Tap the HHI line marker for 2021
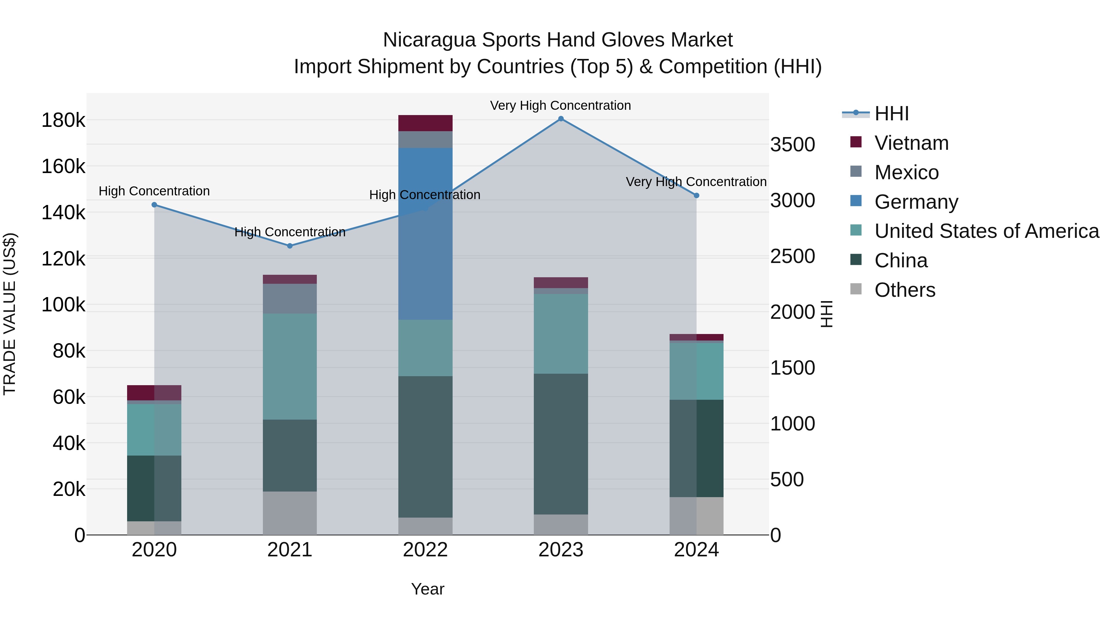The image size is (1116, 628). click(x=290, y=246)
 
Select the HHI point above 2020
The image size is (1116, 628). click(x=154, y=205)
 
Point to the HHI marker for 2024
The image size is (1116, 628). click(x=696, y=195)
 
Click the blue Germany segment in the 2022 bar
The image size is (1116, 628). click(x=425, y=234)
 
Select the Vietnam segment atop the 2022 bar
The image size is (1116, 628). click(x=425, y=123)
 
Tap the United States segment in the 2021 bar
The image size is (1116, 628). click(x=290, y=366)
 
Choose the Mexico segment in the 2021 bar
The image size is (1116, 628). click(x=290, y=299)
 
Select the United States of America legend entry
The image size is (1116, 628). click(x=986, y=231)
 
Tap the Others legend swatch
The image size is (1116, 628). click(x=856, y=289)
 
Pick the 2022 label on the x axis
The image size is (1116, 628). click(x=425, y=550)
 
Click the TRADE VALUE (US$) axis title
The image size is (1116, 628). click(x=10, y=314)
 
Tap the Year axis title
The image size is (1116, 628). click(x=427, y=589)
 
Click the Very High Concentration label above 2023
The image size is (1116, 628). click(x=560, y=105)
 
